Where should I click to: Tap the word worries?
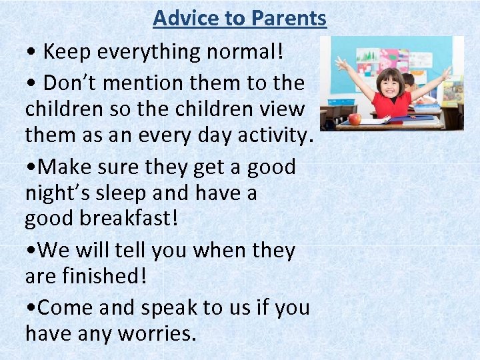click(x=157, y=333)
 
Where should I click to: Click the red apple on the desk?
click(x=354, y=119)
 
